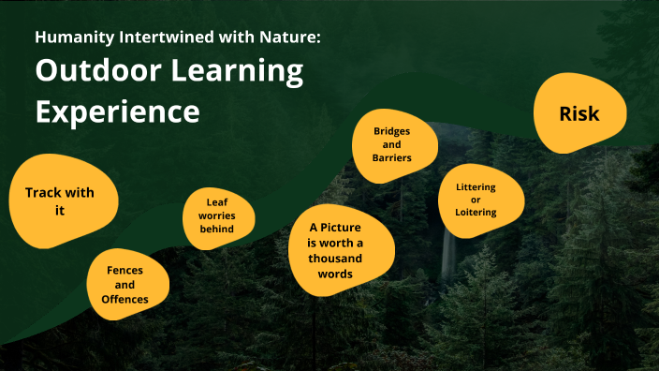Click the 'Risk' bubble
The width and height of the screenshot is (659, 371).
578,114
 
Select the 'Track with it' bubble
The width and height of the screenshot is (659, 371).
59,201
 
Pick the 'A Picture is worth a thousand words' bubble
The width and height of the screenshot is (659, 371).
334,251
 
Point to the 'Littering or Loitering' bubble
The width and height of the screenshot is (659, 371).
476,200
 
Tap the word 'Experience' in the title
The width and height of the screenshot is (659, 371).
118,111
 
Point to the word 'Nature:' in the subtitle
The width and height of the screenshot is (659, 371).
294,38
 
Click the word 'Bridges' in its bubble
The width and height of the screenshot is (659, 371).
392,130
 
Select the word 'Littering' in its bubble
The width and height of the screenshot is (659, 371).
476,186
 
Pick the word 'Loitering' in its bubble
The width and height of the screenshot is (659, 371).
476,213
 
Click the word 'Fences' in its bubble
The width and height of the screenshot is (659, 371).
125,270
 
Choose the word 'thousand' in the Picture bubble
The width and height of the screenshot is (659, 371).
334,260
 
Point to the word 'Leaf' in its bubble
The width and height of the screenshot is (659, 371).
217,200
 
